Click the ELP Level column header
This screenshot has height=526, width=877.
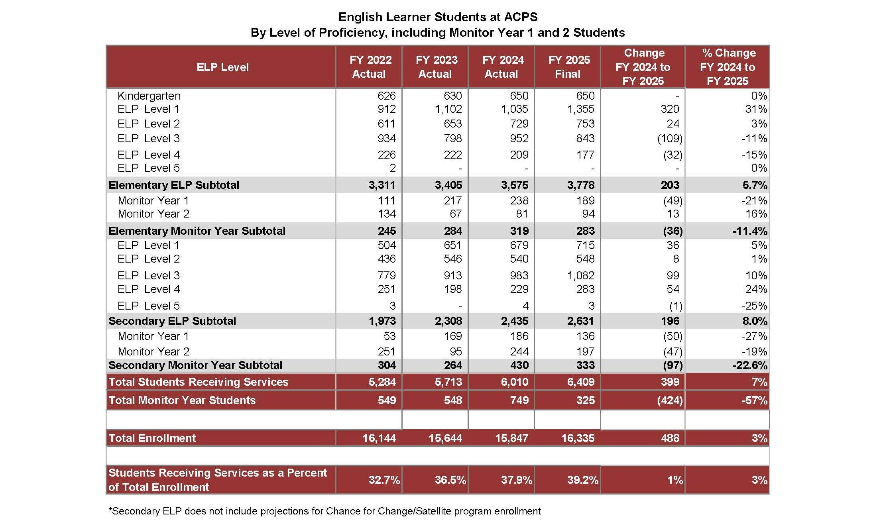click(x=222, y=67)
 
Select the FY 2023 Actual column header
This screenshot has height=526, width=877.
click(x=436, y=67)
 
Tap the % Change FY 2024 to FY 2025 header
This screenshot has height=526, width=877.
click(x=728, y=67)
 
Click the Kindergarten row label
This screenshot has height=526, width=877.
click(x=149, y=96)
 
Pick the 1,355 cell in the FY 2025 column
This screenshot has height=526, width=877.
click(x=581, y=109)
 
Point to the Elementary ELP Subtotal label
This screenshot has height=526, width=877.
click(x=174, y=185)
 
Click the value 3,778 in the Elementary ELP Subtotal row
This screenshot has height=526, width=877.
click(x=581, y=185)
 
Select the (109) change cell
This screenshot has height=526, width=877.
click(x=669, y=139)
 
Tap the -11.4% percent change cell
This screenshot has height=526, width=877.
click(x=750, y=231)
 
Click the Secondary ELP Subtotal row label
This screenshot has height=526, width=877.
click(x=172, y=321)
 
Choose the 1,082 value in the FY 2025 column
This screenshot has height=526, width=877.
click(x=581, y=276)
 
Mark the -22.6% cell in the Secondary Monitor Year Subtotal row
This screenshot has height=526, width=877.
click(x=750, y=365)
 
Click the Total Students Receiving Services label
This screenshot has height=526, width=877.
click(x=198, y=382)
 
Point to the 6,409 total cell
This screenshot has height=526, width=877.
click(x=581, y=382)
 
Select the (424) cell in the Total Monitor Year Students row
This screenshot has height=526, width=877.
click(x=670, y=400)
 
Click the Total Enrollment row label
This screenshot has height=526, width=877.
click(x=152, y=438)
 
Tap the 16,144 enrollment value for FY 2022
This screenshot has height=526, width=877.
click(x=379, y=438)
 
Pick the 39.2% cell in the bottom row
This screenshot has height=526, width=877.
click(x=582, y=480)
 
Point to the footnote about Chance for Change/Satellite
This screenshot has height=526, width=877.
click(x=324, y=511)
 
